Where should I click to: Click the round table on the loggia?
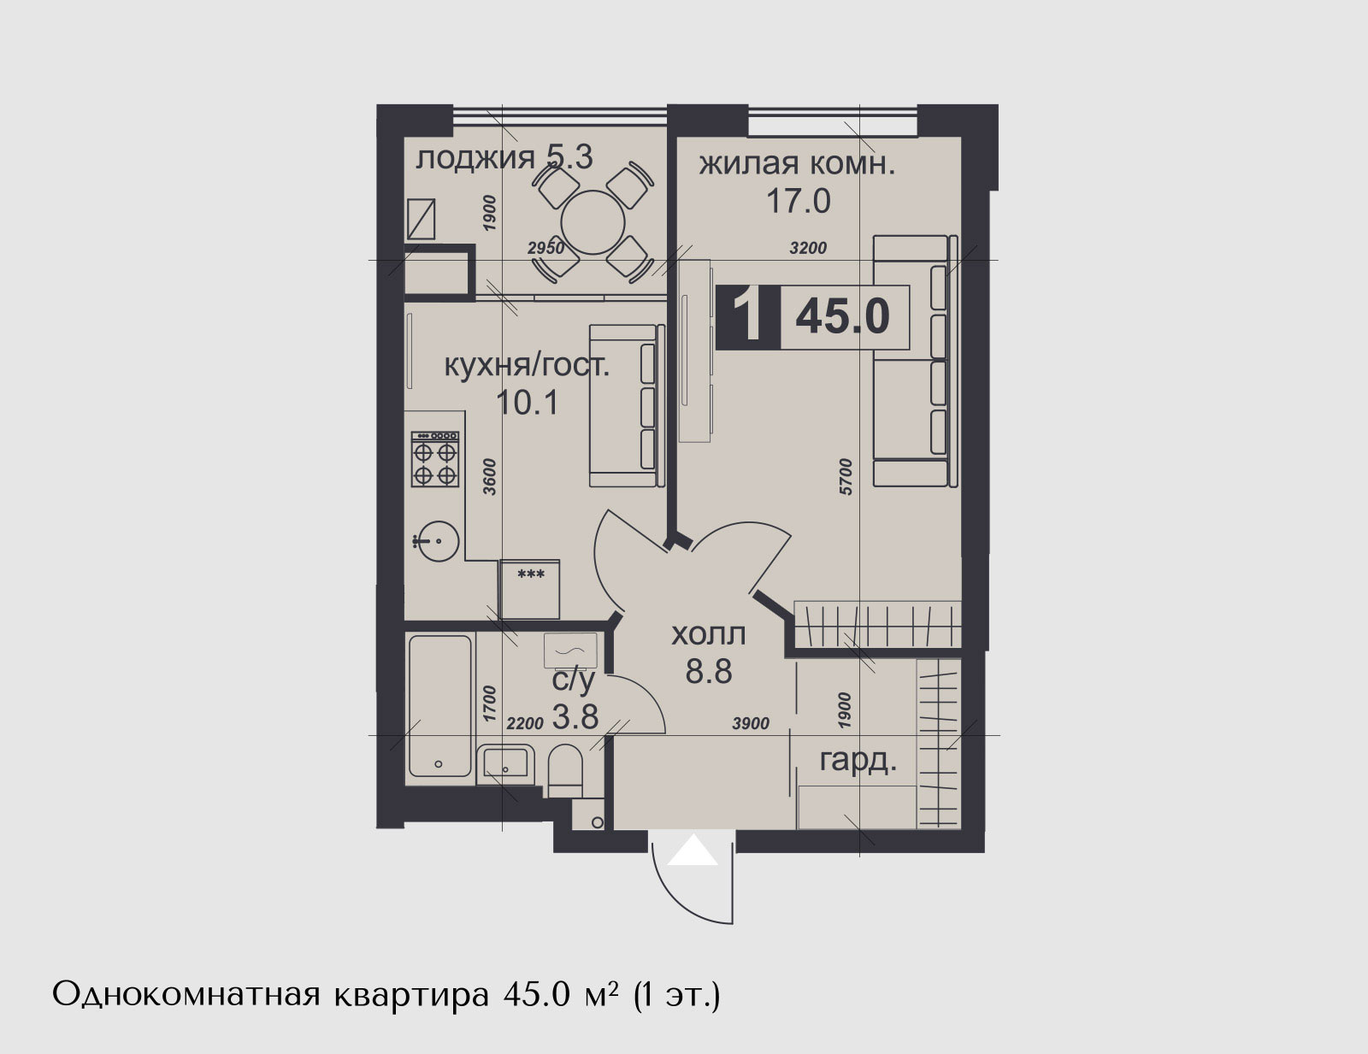click(x=593, y=223)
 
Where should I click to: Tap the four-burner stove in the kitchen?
click(x=435, y=459)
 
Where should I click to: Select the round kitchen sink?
click(x=438, y=541)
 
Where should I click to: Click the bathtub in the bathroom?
click(x=440, y=706)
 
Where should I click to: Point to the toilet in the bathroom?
click(x=565, y=771)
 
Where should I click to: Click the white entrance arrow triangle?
click(x=693, y=850)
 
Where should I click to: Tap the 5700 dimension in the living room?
click(x=846, y=477)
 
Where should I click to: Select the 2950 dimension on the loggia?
click(x=545, y=249)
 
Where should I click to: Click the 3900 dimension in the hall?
click(x=751, y=724)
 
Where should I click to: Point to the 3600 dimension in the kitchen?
click(x=489, y=477)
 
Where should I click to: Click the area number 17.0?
click(x=799, y=202)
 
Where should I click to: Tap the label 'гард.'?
click(x=858, y=762)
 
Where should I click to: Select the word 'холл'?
click(x=708, y=634)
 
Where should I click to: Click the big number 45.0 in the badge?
click(x=843, y=316)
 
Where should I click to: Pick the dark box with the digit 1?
click(x=748, y=317)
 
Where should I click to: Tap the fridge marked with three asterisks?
click(x=528, y=590)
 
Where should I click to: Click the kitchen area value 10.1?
click(x=528, y=403)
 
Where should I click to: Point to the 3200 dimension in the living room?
click(x=808, y=249)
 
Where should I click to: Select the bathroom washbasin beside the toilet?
click(x=505, y=763)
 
